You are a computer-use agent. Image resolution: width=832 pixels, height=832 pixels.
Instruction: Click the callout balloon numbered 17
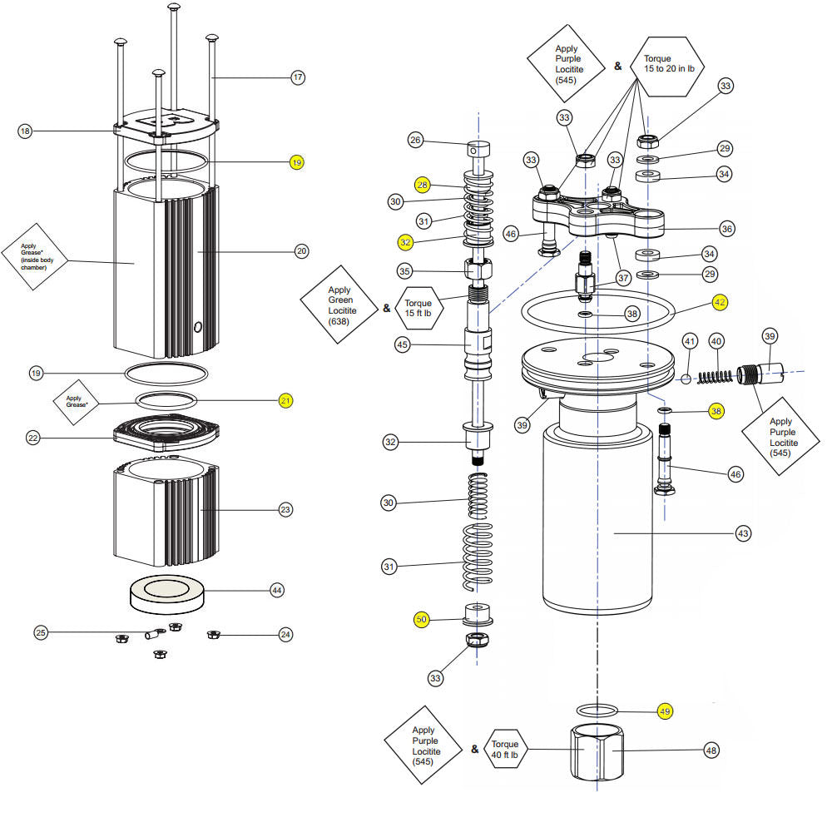(297, 77)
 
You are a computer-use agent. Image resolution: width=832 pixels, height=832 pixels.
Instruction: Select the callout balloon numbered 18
(25, 131)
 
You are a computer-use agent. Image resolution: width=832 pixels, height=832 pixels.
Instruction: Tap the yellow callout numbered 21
(285, 400)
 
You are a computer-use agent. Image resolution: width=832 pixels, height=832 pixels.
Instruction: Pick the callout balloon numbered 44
(277, 590)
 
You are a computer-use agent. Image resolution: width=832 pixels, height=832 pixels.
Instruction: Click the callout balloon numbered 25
(41, 633)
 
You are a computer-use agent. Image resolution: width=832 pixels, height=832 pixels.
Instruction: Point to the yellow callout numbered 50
(422, 620)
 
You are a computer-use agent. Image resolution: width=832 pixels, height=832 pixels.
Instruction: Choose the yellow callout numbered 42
(720, 303)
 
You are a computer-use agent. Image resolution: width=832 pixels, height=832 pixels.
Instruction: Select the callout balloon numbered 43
(743, 532)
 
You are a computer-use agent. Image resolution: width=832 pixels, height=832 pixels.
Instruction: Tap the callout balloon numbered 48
(711, 750)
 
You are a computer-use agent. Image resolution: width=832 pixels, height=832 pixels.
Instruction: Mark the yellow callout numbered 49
(665, 711)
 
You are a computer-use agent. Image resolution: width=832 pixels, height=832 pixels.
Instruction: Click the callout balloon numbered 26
(416, 140)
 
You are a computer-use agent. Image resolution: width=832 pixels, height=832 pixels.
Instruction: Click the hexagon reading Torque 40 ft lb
(505, 750)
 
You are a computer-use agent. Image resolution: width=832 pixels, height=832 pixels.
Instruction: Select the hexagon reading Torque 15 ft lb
(418, 309)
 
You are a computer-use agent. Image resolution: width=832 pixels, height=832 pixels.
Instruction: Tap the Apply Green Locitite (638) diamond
(339, 309)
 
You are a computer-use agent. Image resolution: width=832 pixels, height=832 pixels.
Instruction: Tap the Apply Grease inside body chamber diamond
(34, 257)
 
